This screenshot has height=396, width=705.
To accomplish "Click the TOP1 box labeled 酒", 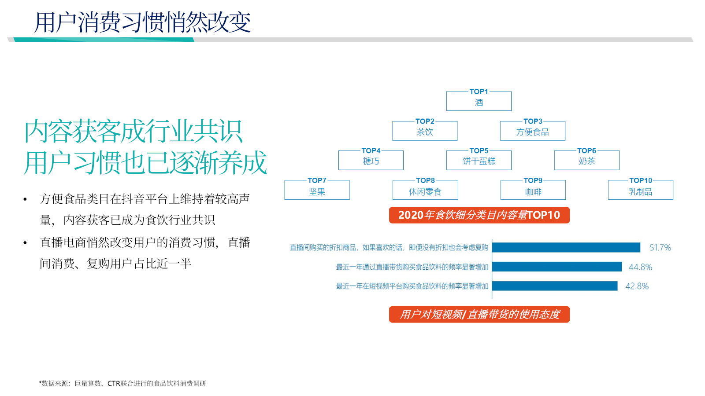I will (479, 101).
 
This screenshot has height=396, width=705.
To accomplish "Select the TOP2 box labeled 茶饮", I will (425, 131).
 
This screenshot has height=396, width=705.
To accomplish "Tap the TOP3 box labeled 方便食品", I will (532, 131).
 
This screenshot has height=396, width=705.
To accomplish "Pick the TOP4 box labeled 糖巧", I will (371, 161).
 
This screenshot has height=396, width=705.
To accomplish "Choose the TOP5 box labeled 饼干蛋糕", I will (479, 161).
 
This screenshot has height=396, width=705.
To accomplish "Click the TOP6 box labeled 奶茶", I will (586, 161).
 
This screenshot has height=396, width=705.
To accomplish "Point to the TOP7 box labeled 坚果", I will (317, 191).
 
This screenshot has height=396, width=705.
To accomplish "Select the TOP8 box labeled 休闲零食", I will (425, 191).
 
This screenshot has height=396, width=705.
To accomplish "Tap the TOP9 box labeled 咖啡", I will (533, 191).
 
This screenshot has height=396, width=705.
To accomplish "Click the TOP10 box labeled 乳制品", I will (640, 191).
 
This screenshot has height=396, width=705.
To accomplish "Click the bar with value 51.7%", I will (566, 248).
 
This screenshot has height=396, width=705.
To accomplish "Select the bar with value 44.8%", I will (557, 267).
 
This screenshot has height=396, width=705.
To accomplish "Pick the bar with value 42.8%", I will (554, 286).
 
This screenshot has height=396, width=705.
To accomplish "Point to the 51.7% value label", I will (660, 248).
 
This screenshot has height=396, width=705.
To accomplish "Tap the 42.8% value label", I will (637, 286).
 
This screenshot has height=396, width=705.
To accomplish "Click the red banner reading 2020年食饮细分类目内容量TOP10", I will (479, 215).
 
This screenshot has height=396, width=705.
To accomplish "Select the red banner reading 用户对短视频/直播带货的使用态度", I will (479, 315).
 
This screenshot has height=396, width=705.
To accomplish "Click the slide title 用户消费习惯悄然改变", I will (142, 22).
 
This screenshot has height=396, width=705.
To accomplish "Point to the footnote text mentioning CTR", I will (122, 383).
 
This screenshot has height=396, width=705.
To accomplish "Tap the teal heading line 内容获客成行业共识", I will (133, 131).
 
